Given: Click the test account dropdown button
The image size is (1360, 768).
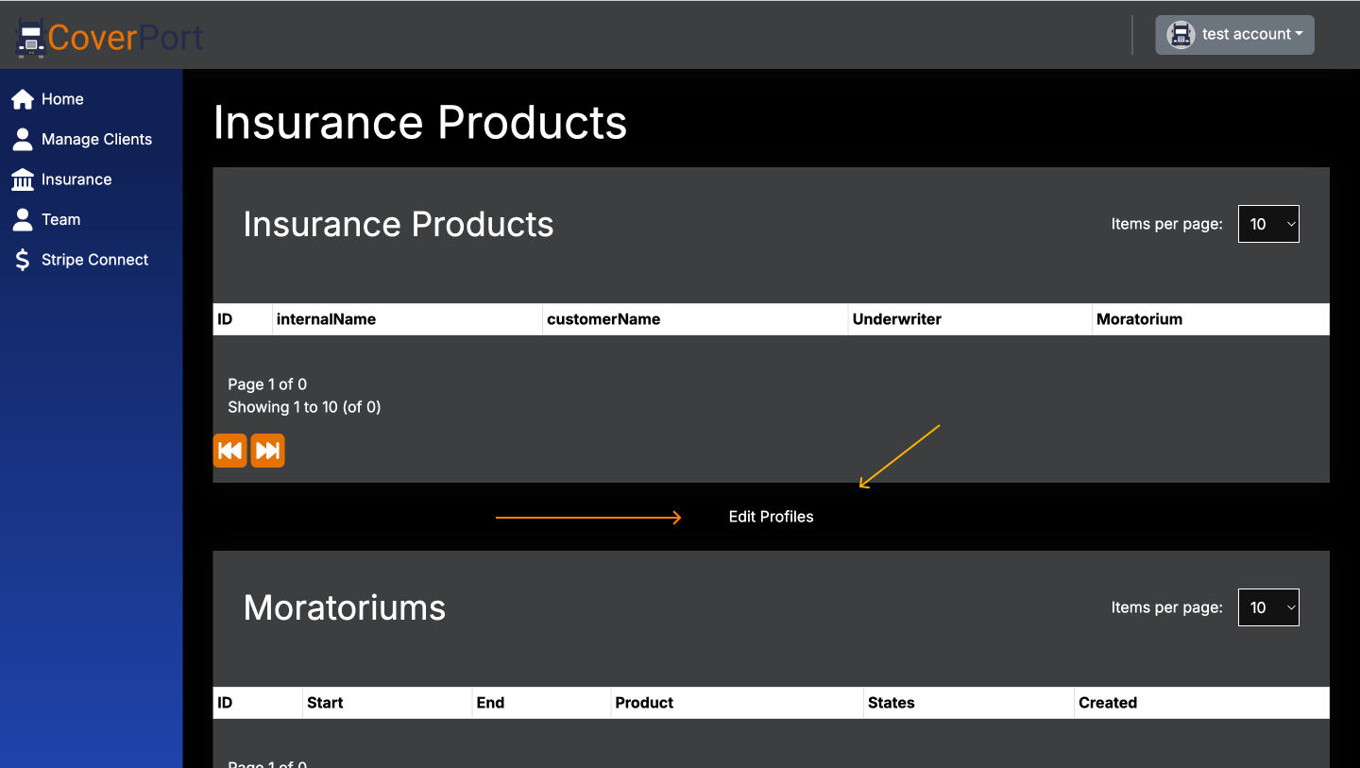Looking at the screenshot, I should coord(1234,35).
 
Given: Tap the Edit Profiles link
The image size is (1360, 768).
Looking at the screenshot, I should coord(771,517).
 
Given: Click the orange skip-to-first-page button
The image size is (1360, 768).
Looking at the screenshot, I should coord(229,451).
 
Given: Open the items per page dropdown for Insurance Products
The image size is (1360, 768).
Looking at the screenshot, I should coord(1268,224).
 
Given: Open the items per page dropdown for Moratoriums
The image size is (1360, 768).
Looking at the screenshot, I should coord(1268,607).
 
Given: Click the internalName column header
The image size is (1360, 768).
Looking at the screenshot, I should coord(326,319).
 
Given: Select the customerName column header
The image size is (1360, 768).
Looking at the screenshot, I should coord(603,319).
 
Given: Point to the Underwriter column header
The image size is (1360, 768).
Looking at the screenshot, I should coord(896,319).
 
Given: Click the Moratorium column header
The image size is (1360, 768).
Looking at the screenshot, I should coord(1139,319).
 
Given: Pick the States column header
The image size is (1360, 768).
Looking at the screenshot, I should coord(891,703).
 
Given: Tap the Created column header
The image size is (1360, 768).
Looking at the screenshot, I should coord(1107,703).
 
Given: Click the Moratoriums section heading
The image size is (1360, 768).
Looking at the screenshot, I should coord(344,607).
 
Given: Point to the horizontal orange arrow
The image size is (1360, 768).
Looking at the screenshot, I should coord(587,518).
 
